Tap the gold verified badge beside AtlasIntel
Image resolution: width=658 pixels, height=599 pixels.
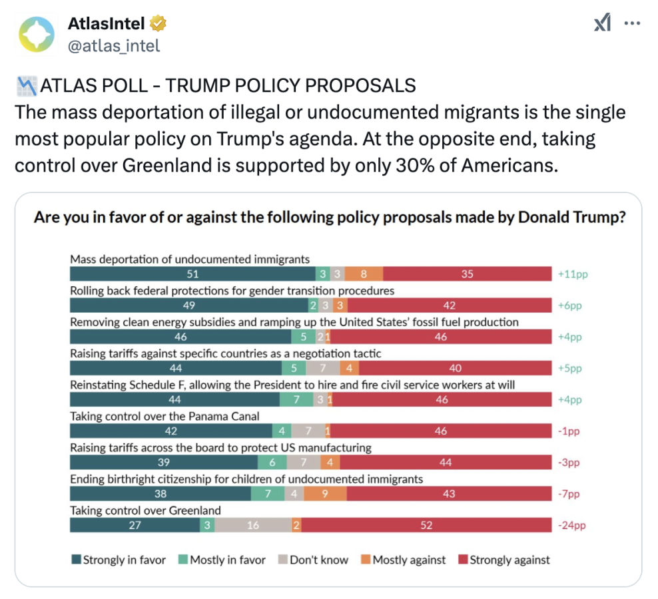(158, 25)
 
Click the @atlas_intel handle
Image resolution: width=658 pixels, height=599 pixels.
(114, 45)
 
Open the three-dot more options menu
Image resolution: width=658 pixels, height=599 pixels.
(631, 24)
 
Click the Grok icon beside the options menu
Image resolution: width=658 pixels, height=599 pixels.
(602, 24)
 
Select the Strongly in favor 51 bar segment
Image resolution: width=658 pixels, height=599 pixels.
(193, 274)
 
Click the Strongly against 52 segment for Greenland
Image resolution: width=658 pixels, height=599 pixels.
(427, 525)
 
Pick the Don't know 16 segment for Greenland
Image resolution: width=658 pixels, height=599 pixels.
(253, 525)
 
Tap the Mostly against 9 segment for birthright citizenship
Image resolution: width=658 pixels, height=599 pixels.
(325, 494)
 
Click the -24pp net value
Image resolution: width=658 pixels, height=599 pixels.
(571, 525)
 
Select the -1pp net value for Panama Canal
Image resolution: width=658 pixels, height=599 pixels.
(569, 431)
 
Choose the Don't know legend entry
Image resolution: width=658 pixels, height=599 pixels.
(313, 560)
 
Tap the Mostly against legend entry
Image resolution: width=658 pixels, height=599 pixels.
(403, 560)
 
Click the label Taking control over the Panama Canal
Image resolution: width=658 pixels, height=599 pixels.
(164, 416)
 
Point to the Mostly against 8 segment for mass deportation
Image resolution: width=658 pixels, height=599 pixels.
(364, 274)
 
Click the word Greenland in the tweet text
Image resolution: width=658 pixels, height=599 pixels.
(176, 164)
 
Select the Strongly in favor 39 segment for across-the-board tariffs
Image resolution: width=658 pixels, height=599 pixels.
(164, 462)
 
